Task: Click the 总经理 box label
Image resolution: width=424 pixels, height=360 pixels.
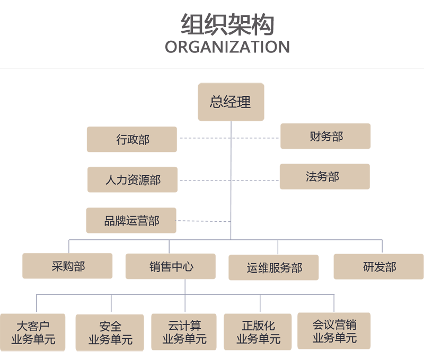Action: coord(230,102)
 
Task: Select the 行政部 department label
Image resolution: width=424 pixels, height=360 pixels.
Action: coord(133,140)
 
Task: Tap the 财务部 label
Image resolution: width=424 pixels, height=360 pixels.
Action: coord(326,137)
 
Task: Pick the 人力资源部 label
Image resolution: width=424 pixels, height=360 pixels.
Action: coord(133,180)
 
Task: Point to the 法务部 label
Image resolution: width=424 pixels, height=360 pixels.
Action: coord(322,177)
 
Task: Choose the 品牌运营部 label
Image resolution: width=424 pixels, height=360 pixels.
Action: coord(131,221)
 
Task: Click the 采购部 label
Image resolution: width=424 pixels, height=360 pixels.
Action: coord(68,266)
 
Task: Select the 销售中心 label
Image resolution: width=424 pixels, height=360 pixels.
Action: coord(171,266)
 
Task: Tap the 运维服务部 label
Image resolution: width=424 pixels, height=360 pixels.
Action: coord(275,267)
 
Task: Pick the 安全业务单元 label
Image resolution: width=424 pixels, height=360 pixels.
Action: coord(110,332)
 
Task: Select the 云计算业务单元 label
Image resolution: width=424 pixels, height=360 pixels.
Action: coord(184,332)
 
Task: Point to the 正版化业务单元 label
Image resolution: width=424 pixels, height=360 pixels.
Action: coord(259,332)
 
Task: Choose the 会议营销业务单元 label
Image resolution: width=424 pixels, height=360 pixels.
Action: coord(334,331)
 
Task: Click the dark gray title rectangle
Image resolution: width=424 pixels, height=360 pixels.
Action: coord(227,33)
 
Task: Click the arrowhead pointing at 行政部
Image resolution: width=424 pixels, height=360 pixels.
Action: coord(182,139)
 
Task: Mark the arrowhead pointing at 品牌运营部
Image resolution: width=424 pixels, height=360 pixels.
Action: coord(183,220)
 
